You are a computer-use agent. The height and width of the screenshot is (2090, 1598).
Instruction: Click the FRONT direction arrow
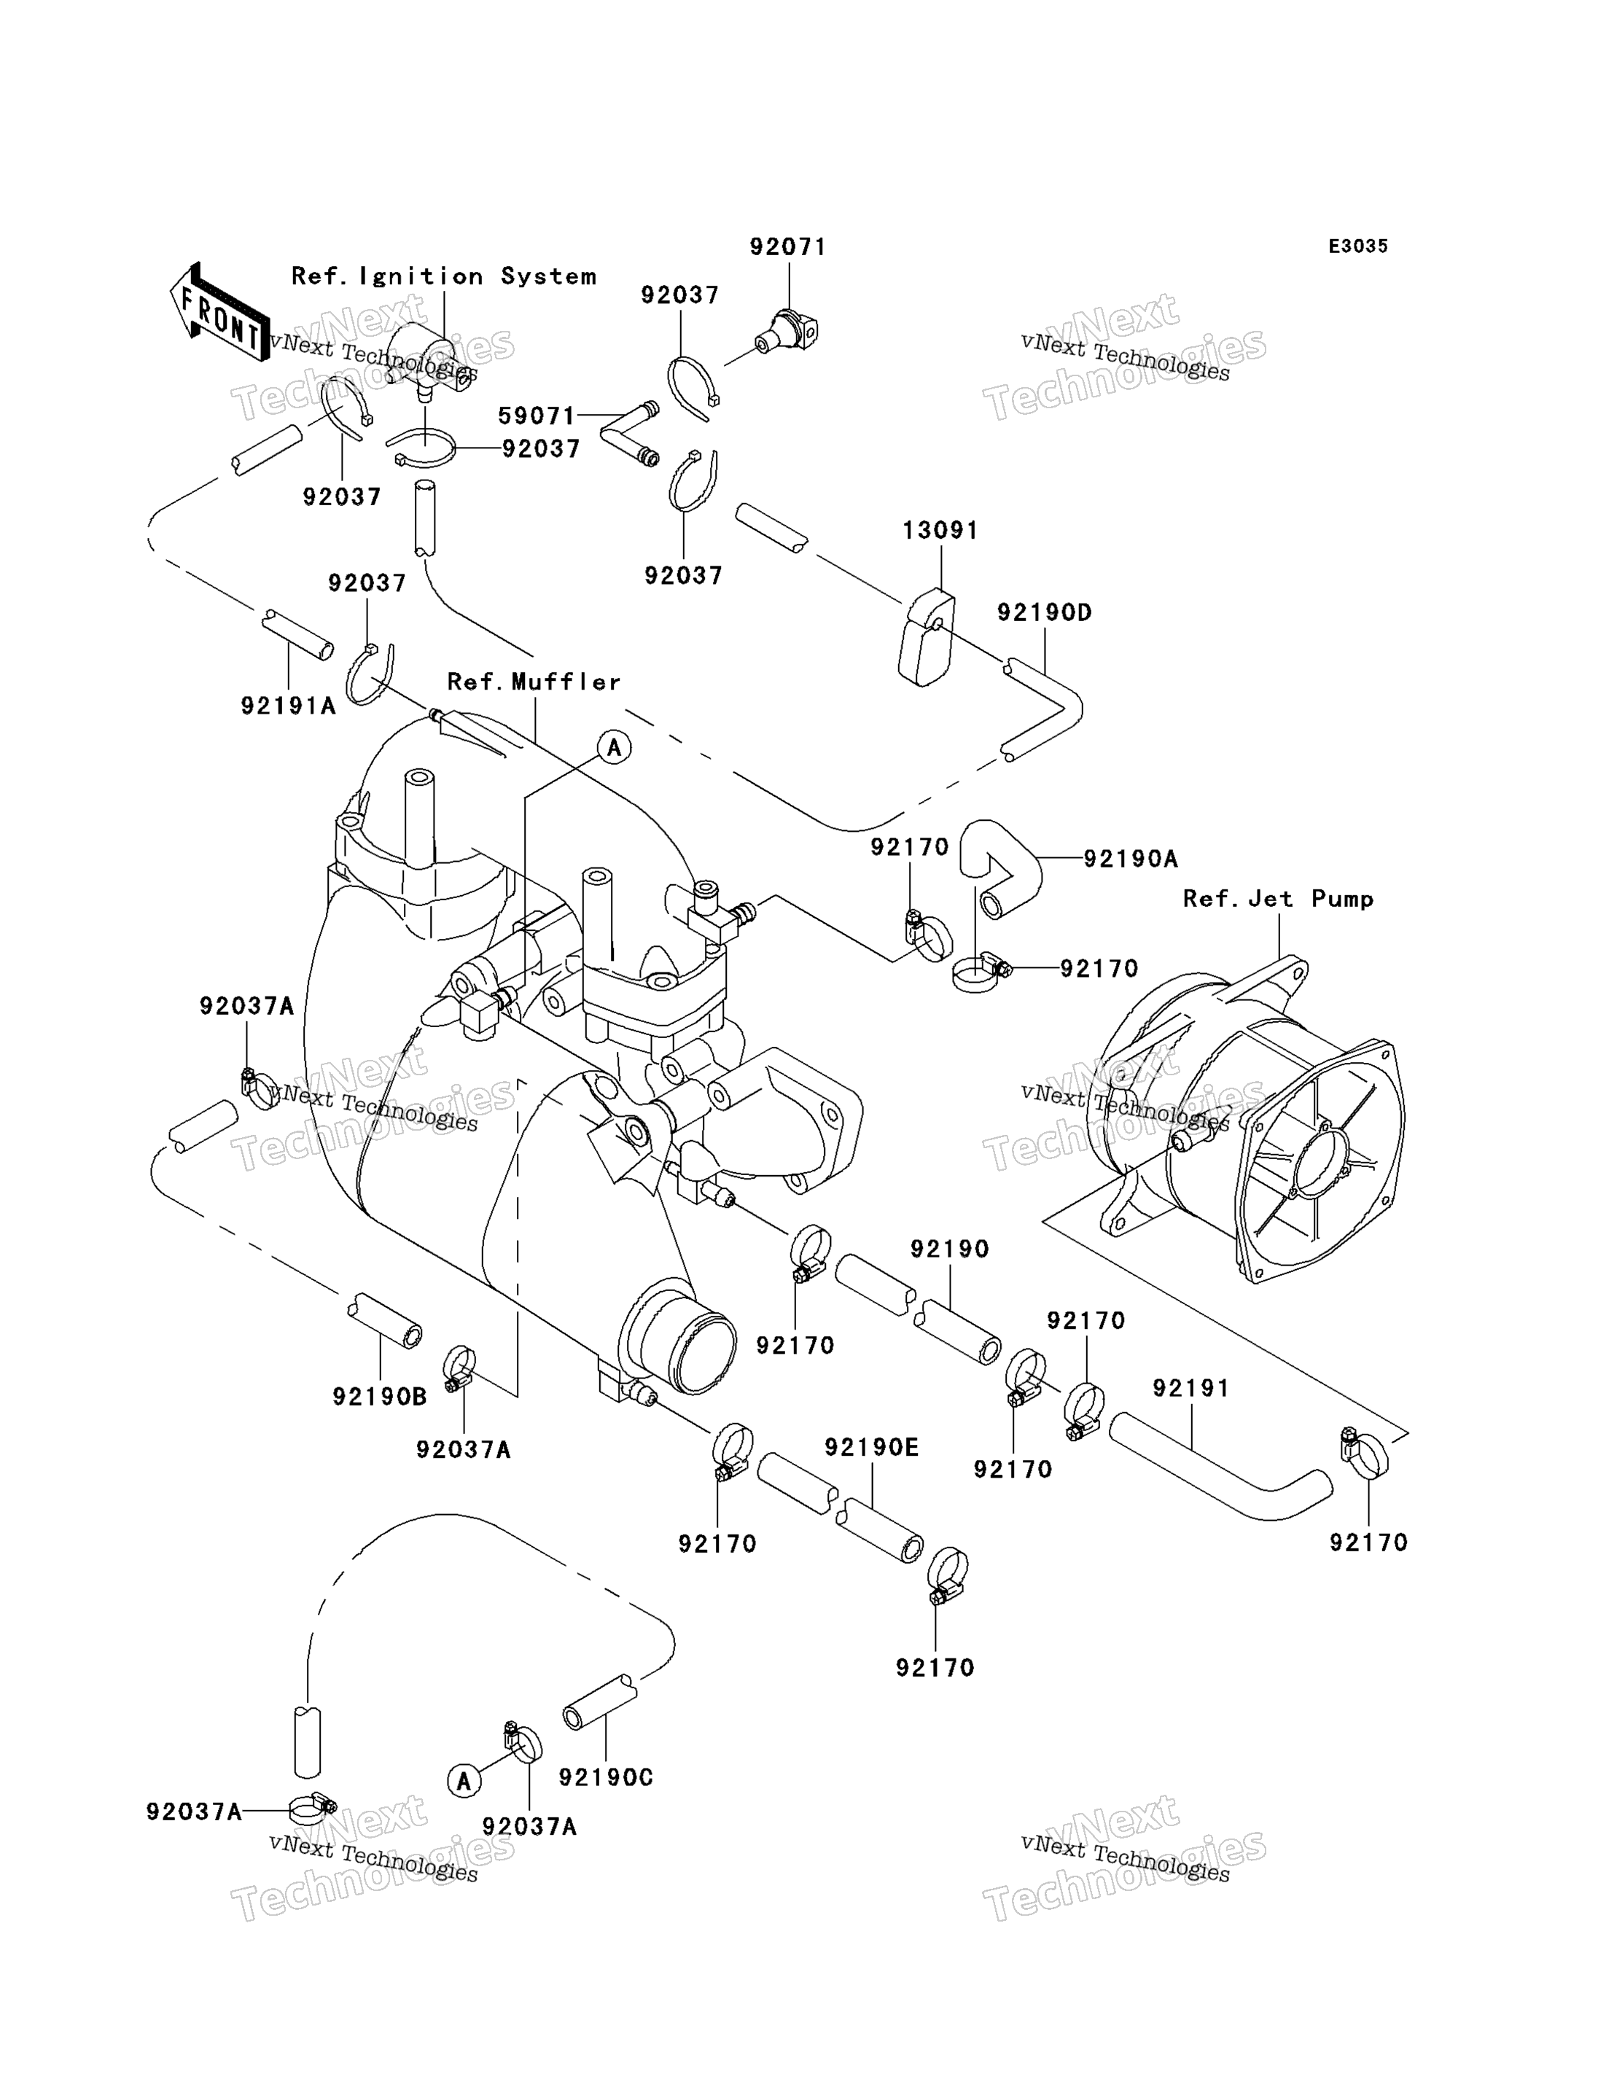click(219, 313)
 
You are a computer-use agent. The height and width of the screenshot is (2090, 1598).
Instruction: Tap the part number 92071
click(787, 247)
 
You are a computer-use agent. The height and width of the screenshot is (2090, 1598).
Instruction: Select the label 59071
click(537, 416)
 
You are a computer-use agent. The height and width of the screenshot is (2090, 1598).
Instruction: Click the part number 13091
click(940, 531)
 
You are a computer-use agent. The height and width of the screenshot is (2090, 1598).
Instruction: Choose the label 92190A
click(1131, 859)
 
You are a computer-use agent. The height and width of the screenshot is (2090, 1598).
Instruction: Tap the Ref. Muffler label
click(534, 682)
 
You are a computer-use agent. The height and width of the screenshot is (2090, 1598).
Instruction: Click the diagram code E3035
click(1358, 246)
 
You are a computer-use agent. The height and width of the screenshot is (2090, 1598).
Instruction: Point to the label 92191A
click(288, 706)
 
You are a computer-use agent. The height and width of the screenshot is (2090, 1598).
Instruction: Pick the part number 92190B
click(380, 1397)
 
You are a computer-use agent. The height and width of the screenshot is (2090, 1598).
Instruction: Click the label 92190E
click(871, 1447)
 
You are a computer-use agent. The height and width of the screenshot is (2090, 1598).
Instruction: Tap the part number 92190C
click(606, 1778)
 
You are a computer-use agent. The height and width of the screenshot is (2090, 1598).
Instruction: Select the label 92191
click(1191, 1388)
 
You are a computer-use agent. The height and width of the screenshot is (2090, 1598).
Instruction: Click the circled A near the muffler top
click(615, 748)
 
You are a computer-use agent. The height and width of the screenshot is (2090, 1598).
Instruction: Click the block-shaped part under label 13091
click(927, 637)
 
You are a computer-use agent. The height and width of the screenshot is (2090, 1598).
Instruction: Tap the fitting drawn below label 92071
click(787, 331)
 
